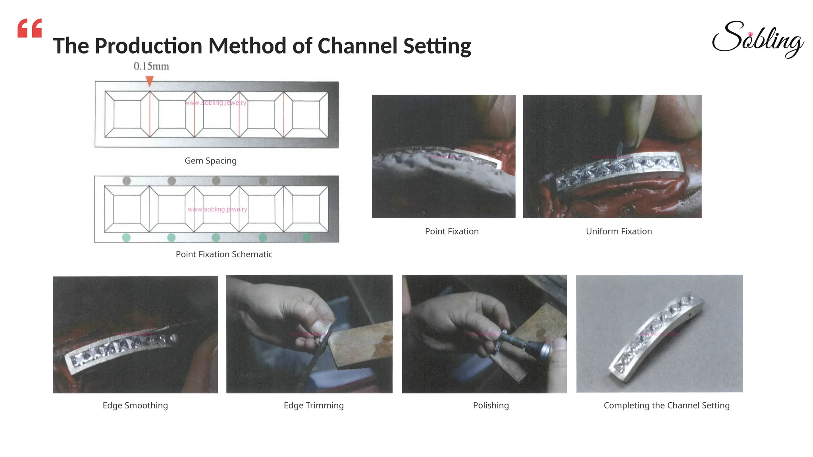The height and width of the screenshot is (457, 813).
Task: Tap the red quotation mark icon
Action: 29,28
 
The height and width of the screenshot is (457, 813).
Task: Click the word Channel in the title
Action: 357,46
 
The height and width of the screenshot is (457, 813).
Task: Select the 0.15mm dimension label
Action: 151,66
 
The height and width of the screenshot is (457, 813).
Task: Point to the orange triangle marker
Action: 149,81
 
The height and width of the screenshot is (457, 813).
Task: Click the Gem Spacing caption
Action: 210,161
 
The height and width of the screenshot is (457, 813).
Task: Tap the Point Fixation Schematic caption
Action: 224,254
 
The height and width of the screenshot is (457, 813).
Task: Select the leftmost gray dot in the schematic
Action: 127,181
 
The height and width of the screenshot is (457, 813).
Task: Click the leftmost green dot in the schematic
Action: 126,238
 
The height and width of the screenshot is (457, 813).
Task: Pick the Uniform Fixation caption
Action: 618,231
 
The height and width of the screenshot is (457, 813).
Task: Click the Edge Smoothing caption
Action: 135,405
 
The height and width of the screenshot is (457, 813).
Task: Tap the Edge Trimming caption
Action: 314,405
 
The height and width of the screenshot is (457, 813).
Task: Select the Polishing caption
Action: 491,405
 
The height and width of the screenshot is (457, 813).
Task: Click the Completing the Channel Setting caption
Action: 666,405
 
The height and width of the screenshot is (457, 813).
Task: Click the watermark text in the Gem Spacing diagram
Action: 216,103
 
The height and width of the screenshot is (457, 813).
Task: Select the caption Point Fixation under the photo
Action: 452,231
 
